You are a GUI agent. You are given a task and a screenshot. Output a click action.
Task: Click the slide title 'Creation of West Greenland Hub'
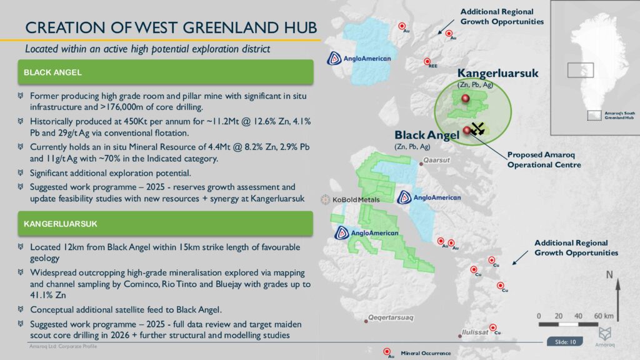(170, 27)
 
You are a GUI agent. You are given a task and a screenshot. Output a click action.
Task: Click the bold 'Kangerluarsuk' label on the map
(497, 73)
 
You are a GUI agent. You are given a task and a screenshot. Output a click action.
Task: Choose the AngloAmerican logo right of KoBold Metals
(429, 198)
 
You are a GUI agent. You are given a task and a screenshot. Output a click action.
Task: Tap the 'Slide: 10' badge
(565, 342)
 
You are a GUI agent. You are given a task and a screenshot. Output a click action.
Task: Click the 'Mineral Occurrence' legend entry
(425, 353)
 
